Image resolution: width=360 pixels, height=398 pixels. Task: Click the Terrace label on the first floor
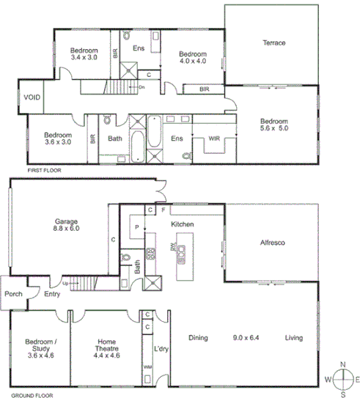pyautogui.click(x=273, y=43)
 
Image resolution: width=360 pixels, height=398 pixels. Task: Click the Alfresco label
pyautogui.click(x=272, y=242)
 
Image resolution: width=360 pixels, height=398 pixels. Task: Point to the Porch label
pyautogui.click(x=13, y=294)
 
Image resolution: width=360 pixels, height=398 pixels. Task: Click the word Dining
pyautogui.click(x=198, y=338)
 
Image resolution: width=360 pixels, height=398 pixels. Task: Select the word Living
pyautogui.click(x=295, y=338)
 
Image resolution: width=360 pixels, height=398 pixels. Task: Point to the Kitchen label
pyautogui.click(x=181, y=224)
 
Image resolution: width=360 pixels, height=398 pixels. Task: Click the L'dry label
pyautogui.click(x=161, y=349)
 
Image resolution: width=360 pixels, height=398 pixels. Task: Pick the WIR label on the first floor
pyautogui.click(x=214, y=137)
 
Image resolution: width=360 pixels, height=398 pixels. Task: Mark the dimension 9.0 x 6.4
pyautogui.click(x=246, y=338)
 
